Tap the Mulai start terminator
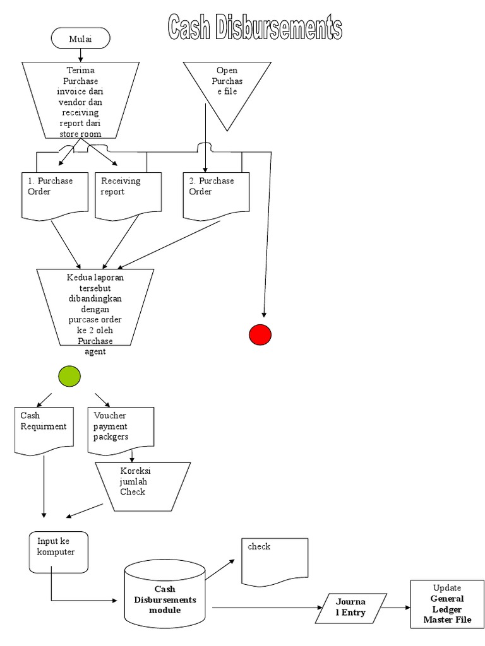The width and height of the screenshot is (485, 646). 80,39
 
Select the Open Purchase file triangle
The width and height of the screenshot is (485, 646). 227,88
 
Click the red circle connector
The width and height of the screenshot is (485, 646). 260,334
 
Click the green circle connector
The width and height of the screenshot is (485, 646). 69,376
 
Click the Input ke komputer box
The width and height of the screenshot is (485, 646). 59,552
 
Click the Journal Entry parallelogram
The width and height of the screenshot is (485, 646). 350,608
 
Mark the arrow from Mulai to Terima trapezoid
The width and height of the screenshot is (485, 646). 80,55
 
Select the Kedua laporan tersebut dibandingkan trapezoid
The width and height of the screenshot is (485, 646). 96,307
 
